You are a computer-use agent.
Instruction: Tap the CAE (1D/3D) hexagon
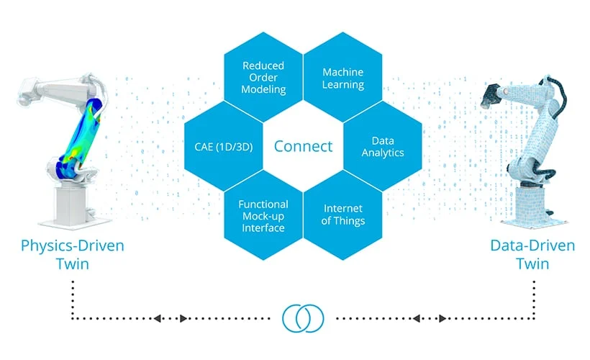click(x=223, y=146)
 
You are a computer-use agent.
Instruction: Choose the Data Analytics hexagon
click(x=383, y=146)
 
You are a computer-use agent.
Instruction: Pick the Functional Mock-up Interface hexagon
click(x=263, y=216)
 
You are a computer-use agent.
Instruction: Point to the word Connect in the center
click(x=303, y=146)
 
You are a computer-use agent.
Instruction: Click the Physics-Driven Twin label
click(x=71, y=254)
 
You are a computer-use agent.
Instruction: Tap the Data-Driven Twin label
click(x=532, y=254)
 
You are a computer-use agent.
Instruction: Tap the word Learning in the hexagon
click(x=342, y=85)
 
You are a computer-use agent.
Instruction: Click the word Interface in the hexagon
click(x=263, y=228)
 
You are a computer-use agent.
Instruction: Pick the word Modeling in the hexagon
click(x=264, y=90)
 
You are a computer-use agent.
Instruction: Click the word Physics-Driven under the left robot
click(x=71, y=246)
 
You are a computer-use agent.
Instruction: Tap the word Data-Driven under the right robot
click(x=532, y=246)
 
